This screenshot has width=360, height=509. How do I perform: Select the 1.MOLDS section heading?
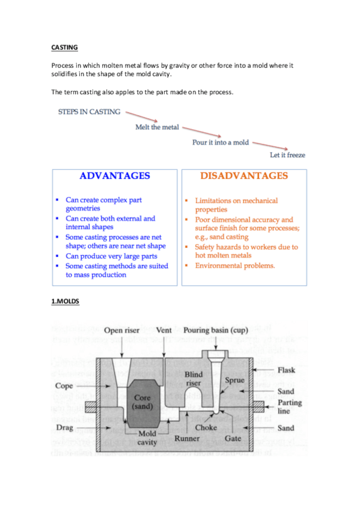[x=66, y=302]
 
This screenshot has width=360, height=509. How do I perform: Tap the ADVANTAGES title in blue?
[x=114, y=176]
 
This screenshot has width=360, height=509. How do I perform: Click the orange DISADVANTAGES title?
[x=243, y=176]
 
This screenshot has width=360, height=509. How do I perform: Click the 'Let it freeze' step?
[x=287, y=155]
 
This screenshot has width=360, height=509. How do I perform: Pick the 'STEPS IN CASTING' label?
[x=89, y=112]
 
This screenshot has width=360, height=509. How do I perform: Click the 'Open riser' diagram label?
[x=122, y=330]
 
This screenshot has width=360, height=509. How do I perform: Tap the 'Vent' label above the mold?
[x=163, y=330]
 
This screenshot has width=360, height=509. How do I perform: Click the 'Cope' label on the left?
[x=64, y=385]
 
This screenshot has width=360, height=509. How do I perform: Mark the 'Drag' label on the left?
[x=64, y=427]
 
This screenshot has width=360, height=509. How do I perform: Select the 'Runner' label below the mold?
[x=187, y=439]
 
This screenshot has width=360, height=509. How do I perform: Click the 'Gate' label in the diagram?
[x=233, y=439]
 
